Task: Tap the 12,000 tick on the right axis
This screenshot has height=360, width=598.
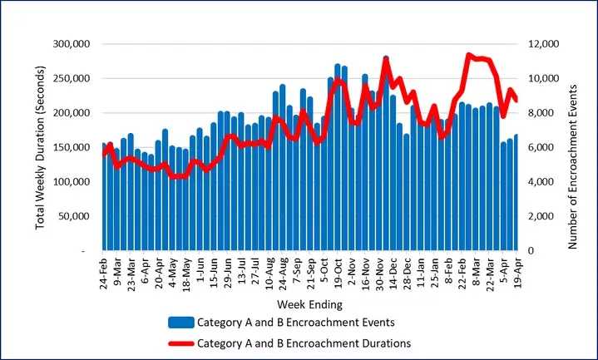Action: (x=541, y=44)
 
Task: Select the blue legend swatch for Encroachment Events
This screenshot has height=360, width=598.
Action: (x=179, y=323)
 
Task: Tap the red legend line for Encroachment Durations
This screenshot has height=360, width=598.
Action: (x=179, y=342)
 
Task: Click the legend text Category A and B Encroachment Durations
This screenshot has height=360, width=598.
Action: (x=304, y=342)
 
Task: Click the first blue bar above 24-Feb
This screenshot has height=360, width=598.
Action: (x=104, y=200)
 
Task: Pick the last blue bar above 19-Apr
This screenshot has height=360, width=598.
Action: (x=516, y=195)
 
